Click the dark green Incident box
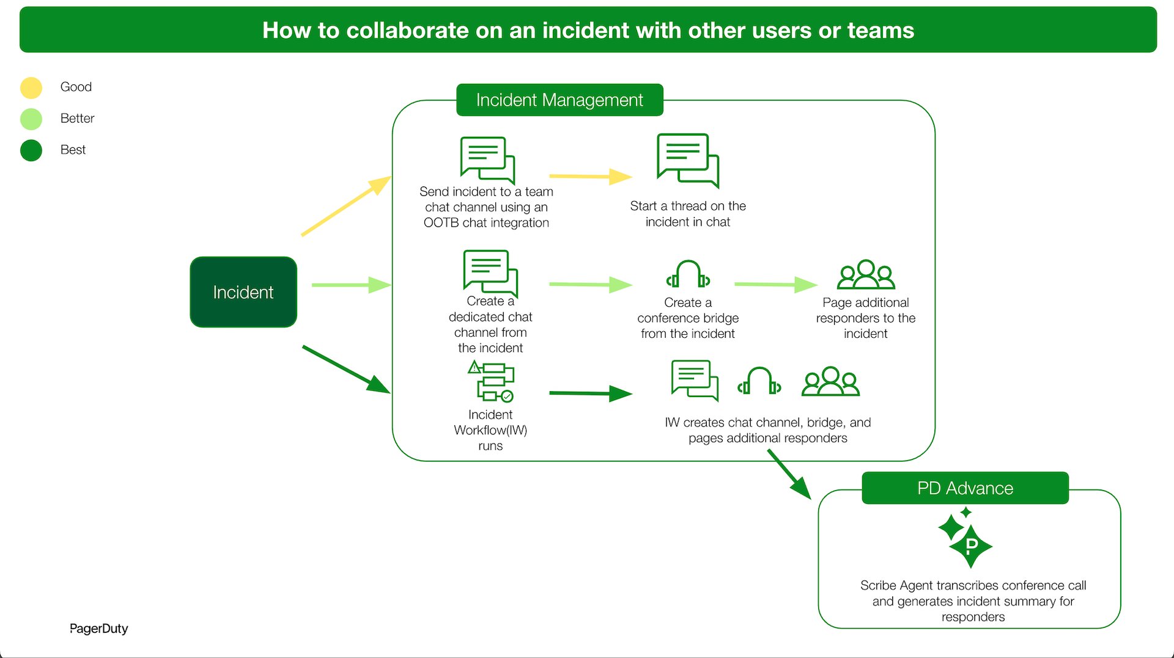click(243, 292)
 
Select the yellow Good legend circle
click(31, 87)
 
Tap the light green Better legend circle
click(31, 119)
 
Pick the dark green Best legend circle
click(31, 150)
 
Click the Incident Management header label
click(559, 100)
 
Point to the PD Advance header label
click(965, 488)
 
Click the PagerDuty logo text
click(98, 628)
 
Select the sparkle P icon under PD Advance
click(966, 538)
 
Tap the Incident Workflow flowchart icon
click(491, 382)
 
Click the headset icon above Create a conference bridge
click(688, 274)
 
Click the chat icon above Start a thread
click(687, 160)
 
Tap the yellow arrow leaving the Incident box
click(345, 206)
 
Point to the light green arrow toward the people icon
click(775, 284)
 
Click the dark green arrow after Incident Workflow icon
click(589, 393)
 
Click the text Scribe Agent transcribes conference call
click(972, 585)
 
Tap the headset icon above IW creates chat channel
click(759, 381)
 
